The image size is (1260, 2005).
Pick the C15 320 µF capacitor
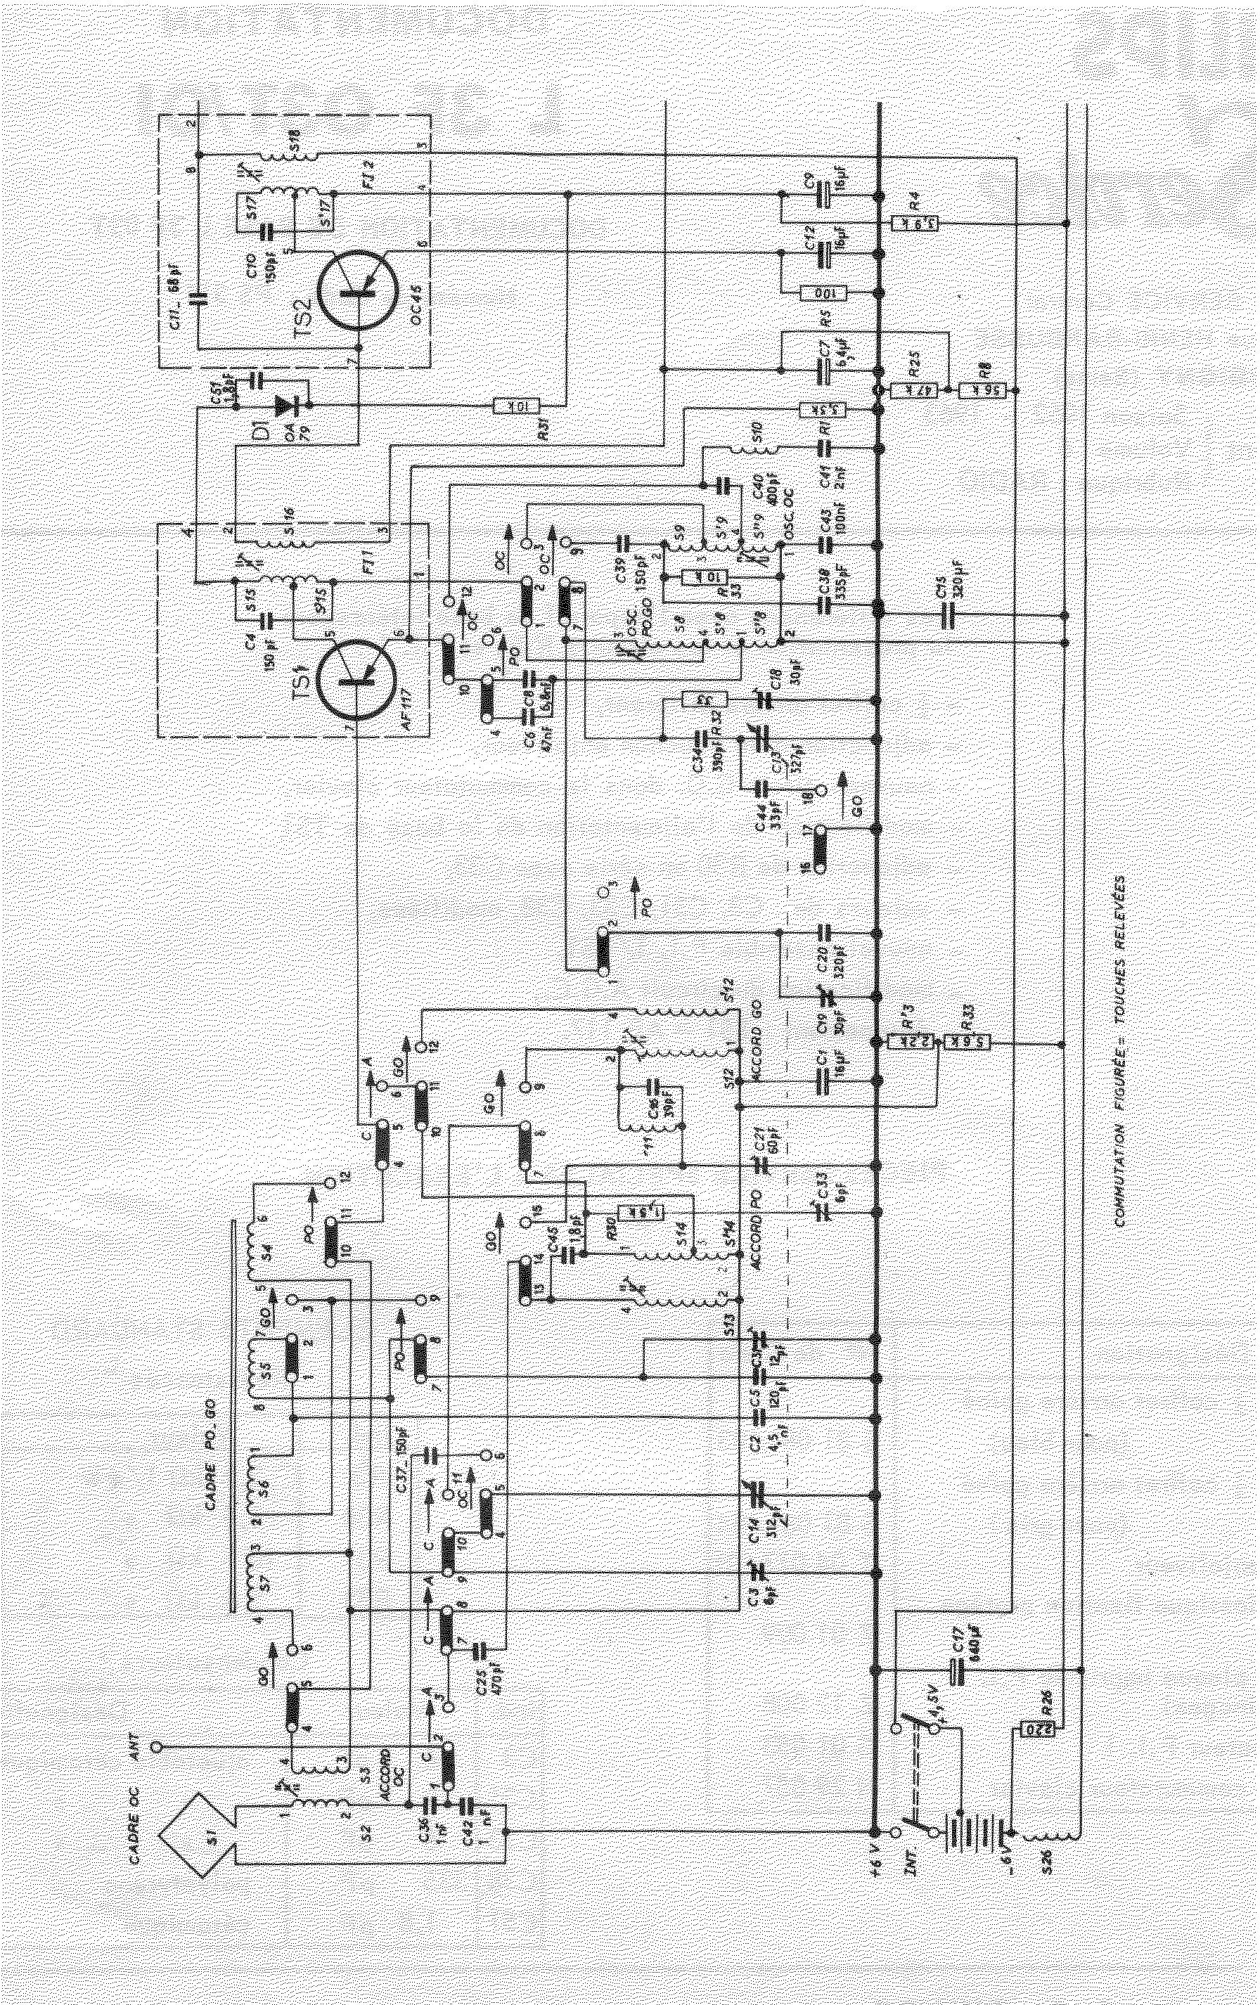click(x=948, y=614)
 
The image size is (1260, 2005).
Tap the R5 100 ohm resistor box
click(x=823, y=293)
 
